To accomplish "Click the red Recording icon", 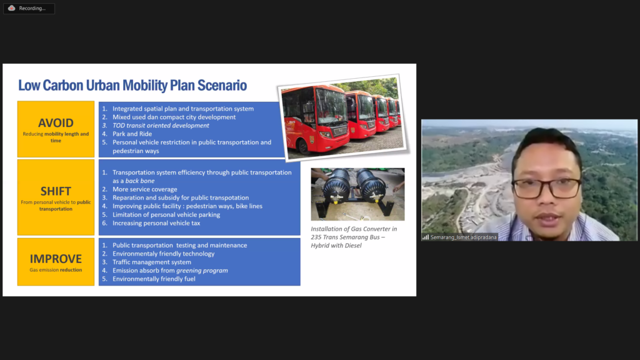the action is click(11, 8).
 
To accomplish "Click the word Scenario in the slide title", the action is click(222, 85).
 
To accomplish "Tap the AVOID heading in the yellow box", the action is click(56, 123).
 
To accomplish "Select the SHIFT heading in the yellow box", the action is click(56, 191).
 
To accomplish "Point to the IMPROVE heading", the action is click(56, 259).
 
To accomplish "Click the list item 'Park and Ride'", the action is click(132, 134).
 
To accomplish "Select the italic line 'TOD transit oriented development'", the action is click(161, 125).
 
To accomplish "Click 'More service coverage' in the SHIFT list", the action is click(145, 189).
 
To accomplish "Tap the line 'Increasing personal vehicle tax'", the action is click(156, 223).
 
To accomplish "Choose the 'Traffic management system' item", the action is click(152, 262).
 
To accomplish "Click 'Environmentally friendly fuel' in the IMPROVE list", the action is click(154, 279).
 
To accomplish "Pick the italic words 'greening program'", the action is click(202, 271).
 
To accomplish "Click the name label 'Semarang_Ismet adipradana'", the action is click(463, 237).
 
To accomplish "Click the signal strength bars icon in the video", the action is click(426, 237).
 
